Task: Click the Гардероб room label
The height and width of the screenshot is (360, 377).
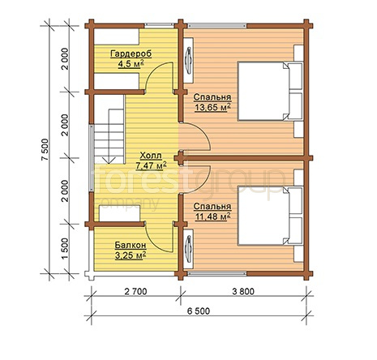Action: click(131, 54)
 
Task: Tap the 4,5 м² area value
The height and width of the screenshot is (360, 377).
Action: click(131, 64)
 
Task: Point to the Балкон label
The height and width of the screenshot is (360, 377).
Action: click(131, 245)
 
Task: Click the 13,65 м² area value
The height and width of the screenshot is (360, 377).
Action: click(212, 107)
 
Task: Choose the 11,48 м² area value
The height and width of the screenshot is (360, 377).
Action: click(212, 216)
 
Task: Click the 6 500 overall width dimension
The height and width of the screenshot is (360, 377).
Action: click(199, 311)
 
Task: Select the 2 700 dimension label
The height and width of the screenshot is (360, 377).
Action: click(135, 291)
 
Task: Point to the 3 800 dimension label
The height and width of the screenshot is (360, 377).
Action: click(243, 291)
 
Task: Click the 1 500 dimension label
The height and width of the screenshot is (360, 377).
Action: click(66, 249)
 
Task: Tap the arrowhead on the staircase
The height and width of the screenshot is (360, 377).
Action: click(109, 160)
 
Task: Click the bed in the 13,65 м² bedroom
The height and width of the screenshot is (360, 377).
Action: click(270, 91)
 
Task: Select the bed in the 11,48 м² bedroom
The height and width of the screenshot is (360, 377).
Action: click(270, 216)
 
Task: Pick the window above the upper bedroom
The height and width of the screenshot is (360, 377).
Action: click(217, 26)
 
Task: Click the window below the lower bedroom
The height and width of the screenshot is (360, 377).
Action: click(217, 274)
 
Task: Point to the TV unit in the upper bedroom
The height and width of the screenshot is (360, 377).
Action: click(188, 60)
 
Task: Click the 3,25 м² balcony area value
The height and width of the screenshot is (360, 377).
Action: click(131, 255)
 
